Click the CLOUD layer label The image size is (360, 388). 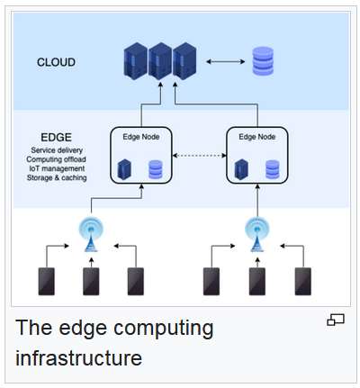(56, 62)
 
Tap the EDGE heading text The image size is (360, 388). (56, 137)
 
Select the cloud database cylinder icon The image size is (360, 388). (263, 61)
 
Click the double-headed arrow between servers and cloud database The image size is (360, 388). (226, 62)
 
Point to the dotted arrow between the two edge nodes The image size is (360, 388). (199, 155)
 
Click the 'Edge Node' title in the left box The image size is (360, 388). (141, 137)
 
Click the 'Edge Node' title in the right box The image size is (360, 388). (257, 137)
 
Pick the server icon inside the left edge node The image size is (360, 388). (124, 169)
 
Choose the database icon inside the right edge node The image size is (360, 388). (273, 169)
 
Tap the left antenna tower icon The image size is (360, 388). (91, 235)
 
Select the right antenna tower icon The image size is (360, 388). (257, 235)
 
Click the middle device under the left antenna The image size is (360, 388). (91, 282)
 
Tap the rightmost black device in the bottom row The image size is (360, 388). (303, 282)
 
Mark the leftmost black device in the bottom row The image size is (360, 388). (47, 282)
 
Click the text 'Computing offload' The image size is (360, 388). (56, 159)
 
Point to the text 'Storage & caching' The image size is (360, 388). (57, 177)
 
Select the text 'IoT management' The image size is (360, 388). (57, 168)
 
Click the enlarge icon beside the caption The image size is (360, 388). (336, 320)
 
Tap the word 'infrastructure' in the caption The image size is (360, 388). (78, 358)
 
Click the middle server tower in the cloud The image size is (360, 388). (160, 61)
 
